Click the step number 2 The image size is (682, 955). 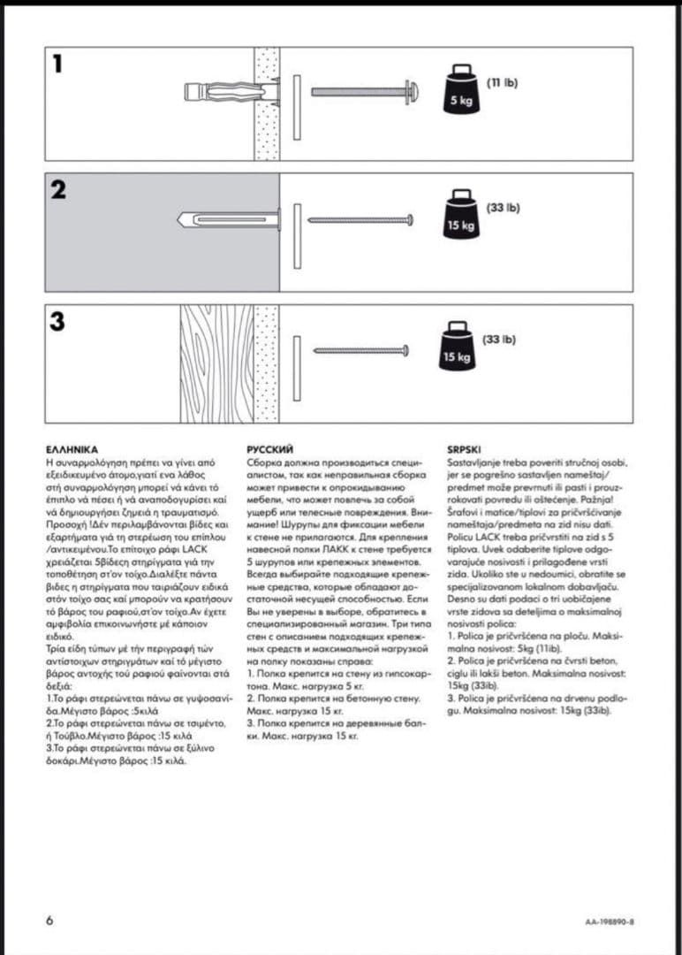click(59, 189)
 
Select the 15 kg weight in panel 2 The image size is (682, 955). click(460, 215)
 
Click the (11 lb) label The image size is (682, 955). click(503, 82)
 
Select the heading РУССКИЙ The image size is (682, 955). click(270, 449)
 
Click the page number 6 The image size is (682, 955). click(49, 920)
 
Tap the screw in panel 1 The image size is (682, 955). click(362, 91)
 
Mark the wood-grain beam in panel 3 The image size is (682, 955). click(216, 363)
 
